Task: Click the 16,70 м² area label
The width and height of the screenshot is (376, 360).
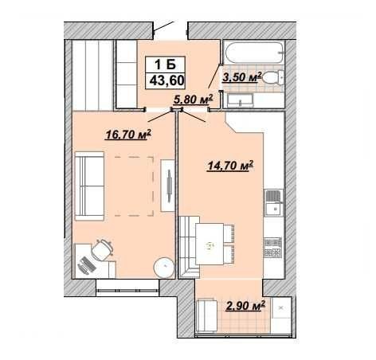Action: [128, 135]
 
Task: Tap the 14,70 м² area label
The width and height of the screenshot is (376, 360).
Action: [230, 166]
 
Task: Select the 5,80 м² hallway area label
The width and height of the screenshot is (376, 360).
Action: [193, 99]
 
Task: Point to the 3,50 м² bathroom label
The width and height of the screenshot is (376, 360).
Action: [242, 77]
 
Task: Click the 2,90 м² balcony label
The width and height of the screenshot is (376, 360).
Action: [245, 306]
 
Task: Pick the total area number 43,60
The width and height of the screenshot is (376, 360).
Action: [167, 80]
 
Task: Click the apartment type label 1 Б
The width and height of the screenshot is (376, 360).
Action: [165, 64]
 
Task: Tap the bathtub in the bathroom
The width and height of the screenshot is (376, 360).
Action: [253, 53]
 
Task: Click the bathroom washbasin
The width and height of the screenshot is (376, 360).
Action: [241, 100]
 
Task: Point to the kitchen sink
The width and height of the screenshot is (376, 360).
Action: [273, 202]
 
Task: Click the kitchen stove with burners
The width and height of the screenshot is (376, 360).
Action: [272, 247]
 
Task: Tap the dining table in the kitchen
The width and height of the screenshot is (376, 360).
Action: [210, 244]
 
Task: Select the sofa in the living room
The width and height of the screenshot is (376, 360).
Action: [89, 186]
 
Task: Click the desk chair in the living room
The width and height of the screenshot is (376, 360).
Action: [102, 249]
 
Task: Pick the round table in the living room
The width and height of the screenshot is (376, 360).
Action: [164, 267]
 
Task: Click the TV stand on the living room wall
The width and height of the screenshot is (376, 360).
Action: [167, 186]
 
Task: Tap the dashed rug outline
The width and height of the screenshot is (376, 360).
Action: [134, 186]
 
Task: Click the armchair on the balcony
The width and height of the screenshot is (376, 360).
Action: [207, 315]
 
